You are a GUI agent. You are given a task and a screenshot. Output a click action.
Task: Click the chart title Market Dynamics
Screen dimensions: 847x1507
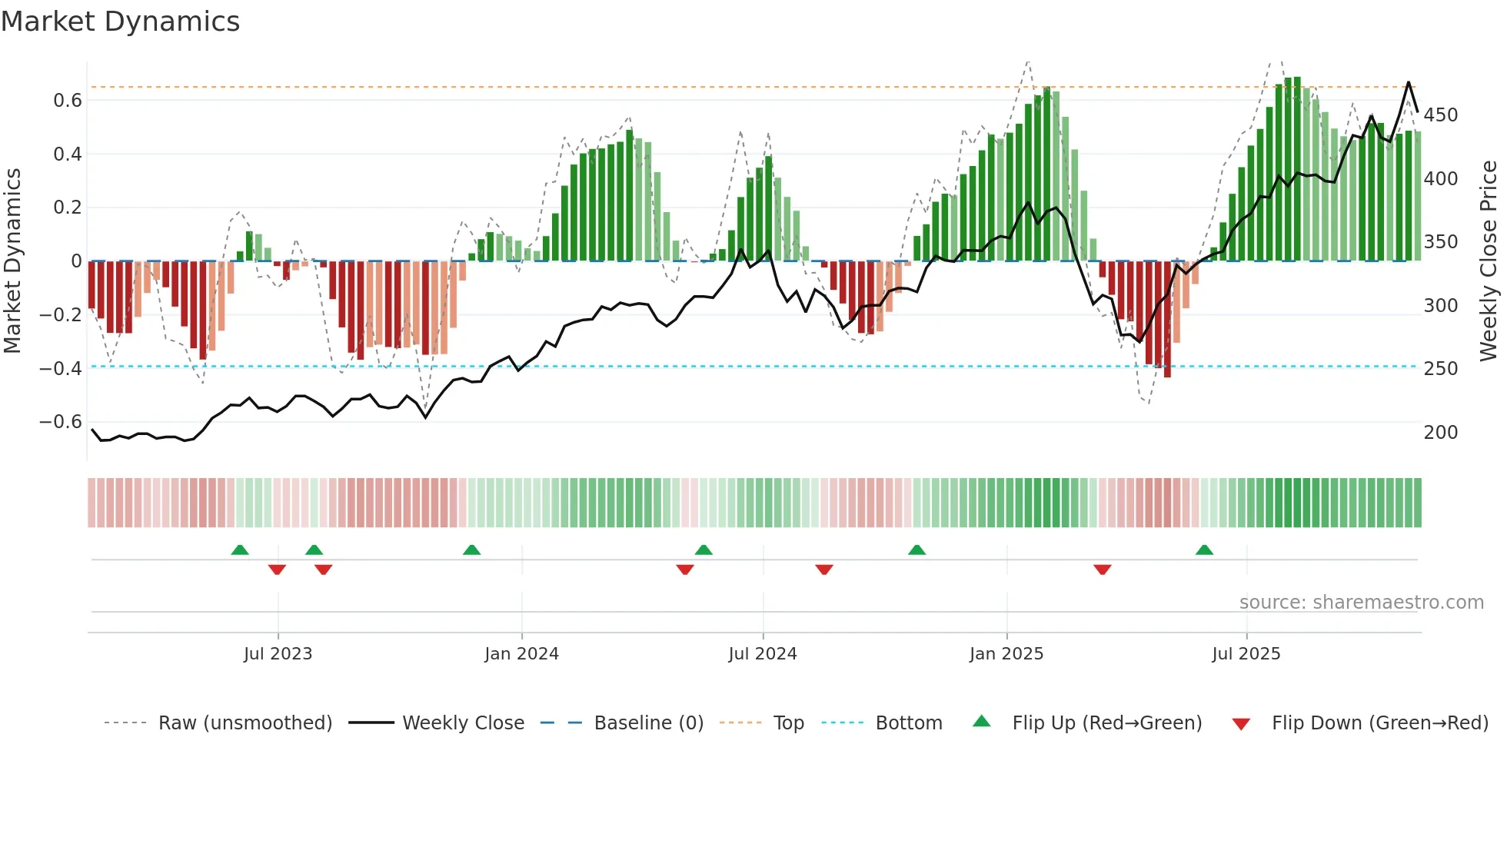(x=121, y=22)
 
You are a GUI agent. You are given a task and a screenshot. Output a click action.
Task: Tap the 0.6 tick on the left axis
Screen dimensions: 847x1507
(x=68, y=101)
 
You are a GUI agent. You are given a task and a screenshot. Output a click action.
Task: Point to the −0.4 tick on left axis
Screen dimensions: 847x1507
(x=61, y=368)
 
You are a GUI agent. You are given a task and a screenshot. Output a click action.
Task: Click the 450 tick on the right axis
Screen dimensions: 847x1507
(x=1440, y=115)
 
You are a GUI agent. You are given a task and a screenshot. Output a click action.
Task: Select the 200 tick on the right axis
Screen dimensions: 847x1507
(x=1440, y=432)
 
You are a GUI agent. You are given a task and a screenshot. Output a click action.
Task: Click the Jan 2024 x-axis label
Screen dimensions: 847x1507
(x=521, y=654)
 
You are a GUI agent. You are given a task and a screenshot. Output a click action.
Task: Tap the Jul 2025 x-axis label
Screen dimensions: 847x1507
(x=1246, y=654)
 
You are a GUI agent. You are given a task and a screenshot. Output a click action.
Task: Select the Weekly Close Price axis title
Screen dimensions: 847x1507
(x=1489, y=261)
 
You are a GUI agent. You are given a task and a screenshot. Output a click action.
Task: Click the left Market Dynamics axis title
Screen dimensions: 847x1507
(x=12, y=261)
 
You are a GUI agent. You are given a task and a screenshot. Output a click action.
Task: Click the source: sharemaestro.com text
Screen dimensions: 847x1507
(x=1361, y=603)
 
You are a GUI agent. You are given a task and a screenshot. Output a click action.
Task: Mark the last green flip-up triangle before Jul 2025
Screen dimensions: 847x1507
(x=1204, y=550)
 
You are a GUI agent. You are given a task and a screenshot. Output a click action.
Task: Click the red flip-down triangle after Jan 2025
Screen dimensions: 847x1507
(x=1102, y=569)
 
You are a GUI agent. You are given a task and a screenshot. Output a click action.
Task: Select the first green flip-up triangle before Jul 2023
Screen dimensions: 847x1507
(x=240, y=550)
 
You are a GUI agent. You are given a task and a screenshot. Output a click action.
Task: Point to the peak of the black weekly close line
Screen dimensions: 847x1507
(x=1409, y=82)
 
